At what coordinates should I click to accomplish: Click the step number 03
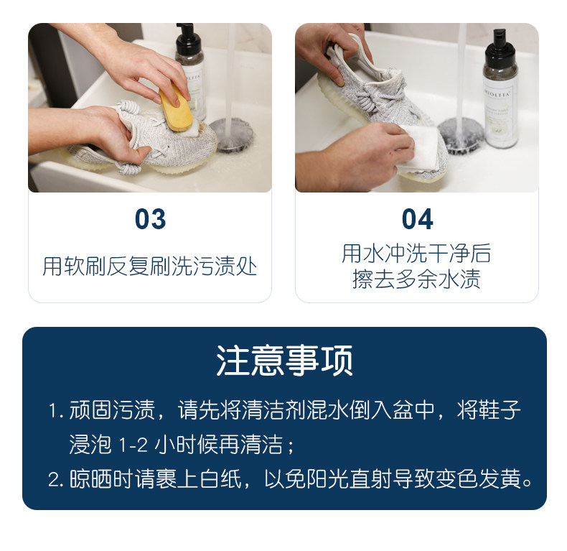click(150, 219)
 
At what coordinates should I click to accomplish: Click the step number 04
click(417, 219)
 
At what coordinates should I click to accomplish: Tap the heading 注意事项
click(285, 361)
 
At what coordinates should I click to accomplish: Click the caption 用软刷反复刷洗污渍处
click(150, 266)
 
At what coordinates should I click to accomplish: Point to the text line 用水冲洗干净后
click(416, 253)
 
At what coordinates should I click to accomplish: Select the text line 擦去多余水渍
click(416, 279)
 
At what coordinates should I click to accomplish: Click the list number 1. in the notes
click(56, 411)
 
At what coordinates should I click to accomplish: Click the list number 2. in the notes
click(56, 480)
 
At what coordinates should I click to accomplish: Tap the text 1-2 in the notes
click(133, 445)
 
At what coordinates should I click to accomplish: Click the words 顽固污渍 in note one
click(112, 410)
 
